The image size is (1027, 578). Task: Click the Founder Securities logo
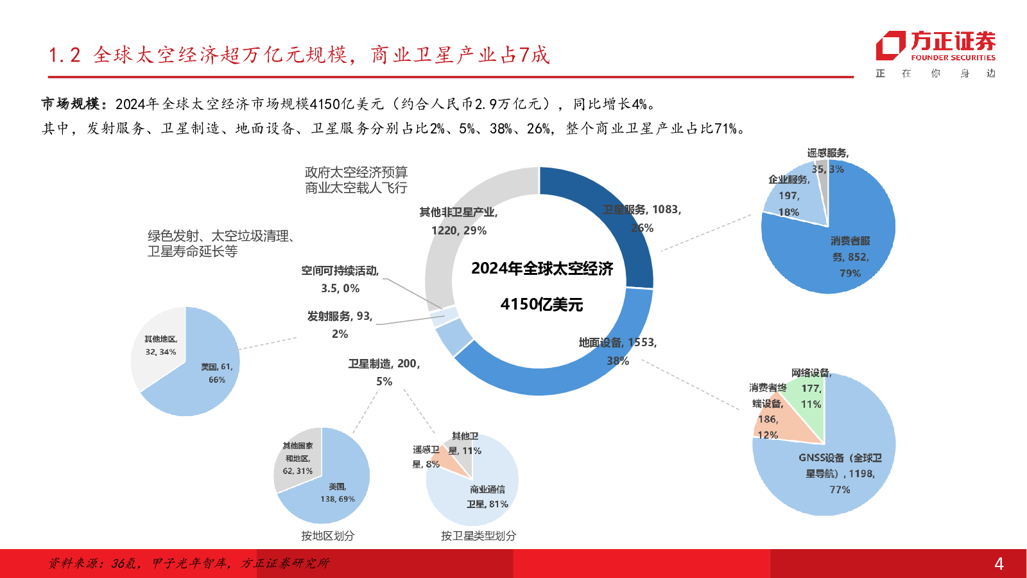coord(935,46)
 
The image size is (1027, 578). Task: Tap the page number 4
coord(998,564)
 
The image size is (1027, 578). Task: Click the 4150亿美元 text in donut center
coord(541,304)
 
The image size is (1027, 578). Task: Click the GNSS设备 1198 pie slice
coord(834,475)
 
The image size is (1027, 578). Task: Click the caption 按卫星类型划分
coord(478,536)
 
